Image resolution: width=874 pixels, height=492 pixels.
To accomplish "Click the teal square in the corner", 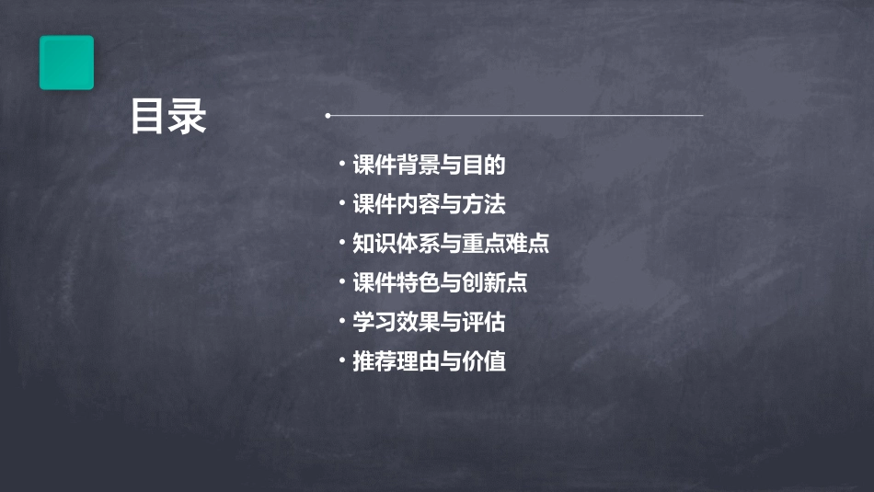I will [x=66, y=63].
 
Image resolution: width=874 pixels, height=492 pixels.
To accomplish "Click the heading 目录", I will [x=168, y=117].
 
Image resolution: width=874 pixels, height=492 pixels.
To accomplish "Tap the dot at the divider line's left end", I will [x=328, y=116].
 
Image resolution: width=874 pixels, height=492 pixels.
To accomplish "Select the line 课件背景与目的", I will [x=429, y=166].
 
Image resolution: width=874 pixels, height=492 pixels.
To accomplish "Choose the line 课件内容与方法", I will [x=429, y=204].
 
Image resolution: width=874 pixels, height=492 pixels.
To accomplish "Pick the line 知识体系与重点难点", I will [x=451, y=244].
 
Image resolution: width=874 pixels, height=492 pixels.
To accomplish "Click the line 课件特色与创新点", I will [x=440, y=283].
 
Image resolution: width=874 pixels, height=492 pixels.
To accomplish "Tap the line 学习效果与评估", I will [x=429, y=323].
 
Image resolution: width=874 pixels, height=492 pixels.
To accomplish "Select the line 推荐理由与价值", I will [x=429, y=361].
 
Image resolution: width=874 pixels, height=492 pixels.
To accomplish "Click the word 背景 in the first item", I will [x=419, y=166].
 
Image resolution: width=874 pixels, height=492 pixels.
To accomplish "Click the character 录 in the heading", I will [x=188, y=117].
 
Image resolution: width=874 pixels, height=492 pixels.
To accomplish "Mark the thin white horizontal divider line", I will [x=515, y=116].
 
